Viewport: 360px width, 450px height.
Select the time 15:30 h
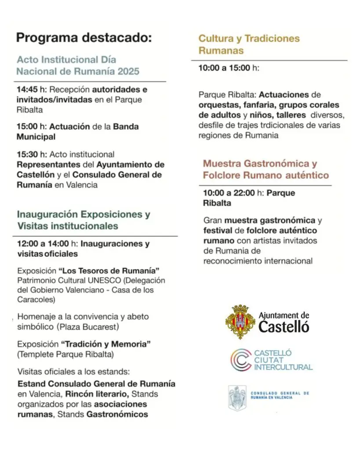click(x=31, y=154)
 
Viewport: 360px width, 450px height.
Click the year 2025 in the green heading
click(x=125, y=71)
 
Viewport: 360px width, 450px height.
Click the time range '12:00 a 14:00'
click(x=43, y=243)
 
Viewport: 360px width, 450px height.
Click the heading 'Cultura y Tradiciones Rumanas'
click(x=249, y=44)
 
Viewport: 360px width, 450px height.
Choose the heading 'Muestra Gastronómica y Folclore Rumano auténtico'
click(x=265, y=169)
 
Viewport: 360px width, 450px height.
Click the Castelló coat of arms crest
click(x=240, y=322)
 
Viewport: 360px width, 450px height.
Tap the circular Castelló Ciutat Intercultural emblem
click(x=241, y=360)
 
